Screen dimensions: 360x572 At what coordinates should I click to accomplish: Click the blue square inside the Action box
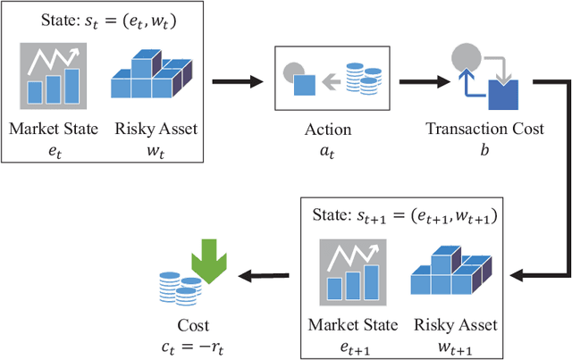(x=305, y=86)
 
